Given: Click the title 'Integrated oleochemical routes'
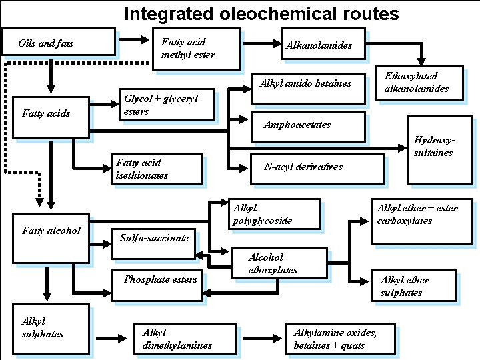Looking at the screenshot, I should [x=261, y=13].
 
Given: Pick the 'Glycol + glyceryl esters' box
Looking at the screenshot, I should [x=167, y=105].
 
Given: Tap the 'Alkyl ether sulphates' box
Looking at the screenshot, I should [x=413, y=286].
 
